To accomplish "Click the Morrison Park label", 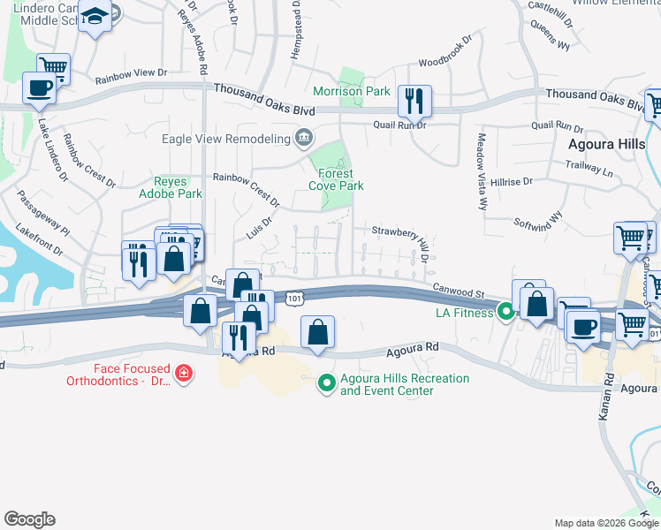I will pos(352,91).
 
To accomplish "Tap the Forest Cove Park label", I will pos(336,180).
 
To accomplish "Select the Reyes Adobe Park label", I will pos(171,187).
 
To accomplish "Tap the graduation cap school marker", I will pos(95,16).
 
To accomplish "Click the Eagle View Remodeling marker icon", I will pos(305,137).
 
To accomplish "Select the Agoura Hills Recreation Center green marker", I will pos(326,382).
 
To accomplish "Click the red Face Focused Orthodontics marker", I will pos(184,374).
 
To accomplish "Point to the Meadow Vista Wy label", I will pos(482,171).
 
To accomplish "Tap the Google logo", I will pos(29,519).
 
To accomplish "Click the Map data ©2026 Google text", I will pos(606,523).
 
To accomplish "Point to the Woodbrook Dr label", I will pos(441,63).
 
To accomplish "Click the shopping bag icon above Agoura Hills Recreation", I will pos(318,332).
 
